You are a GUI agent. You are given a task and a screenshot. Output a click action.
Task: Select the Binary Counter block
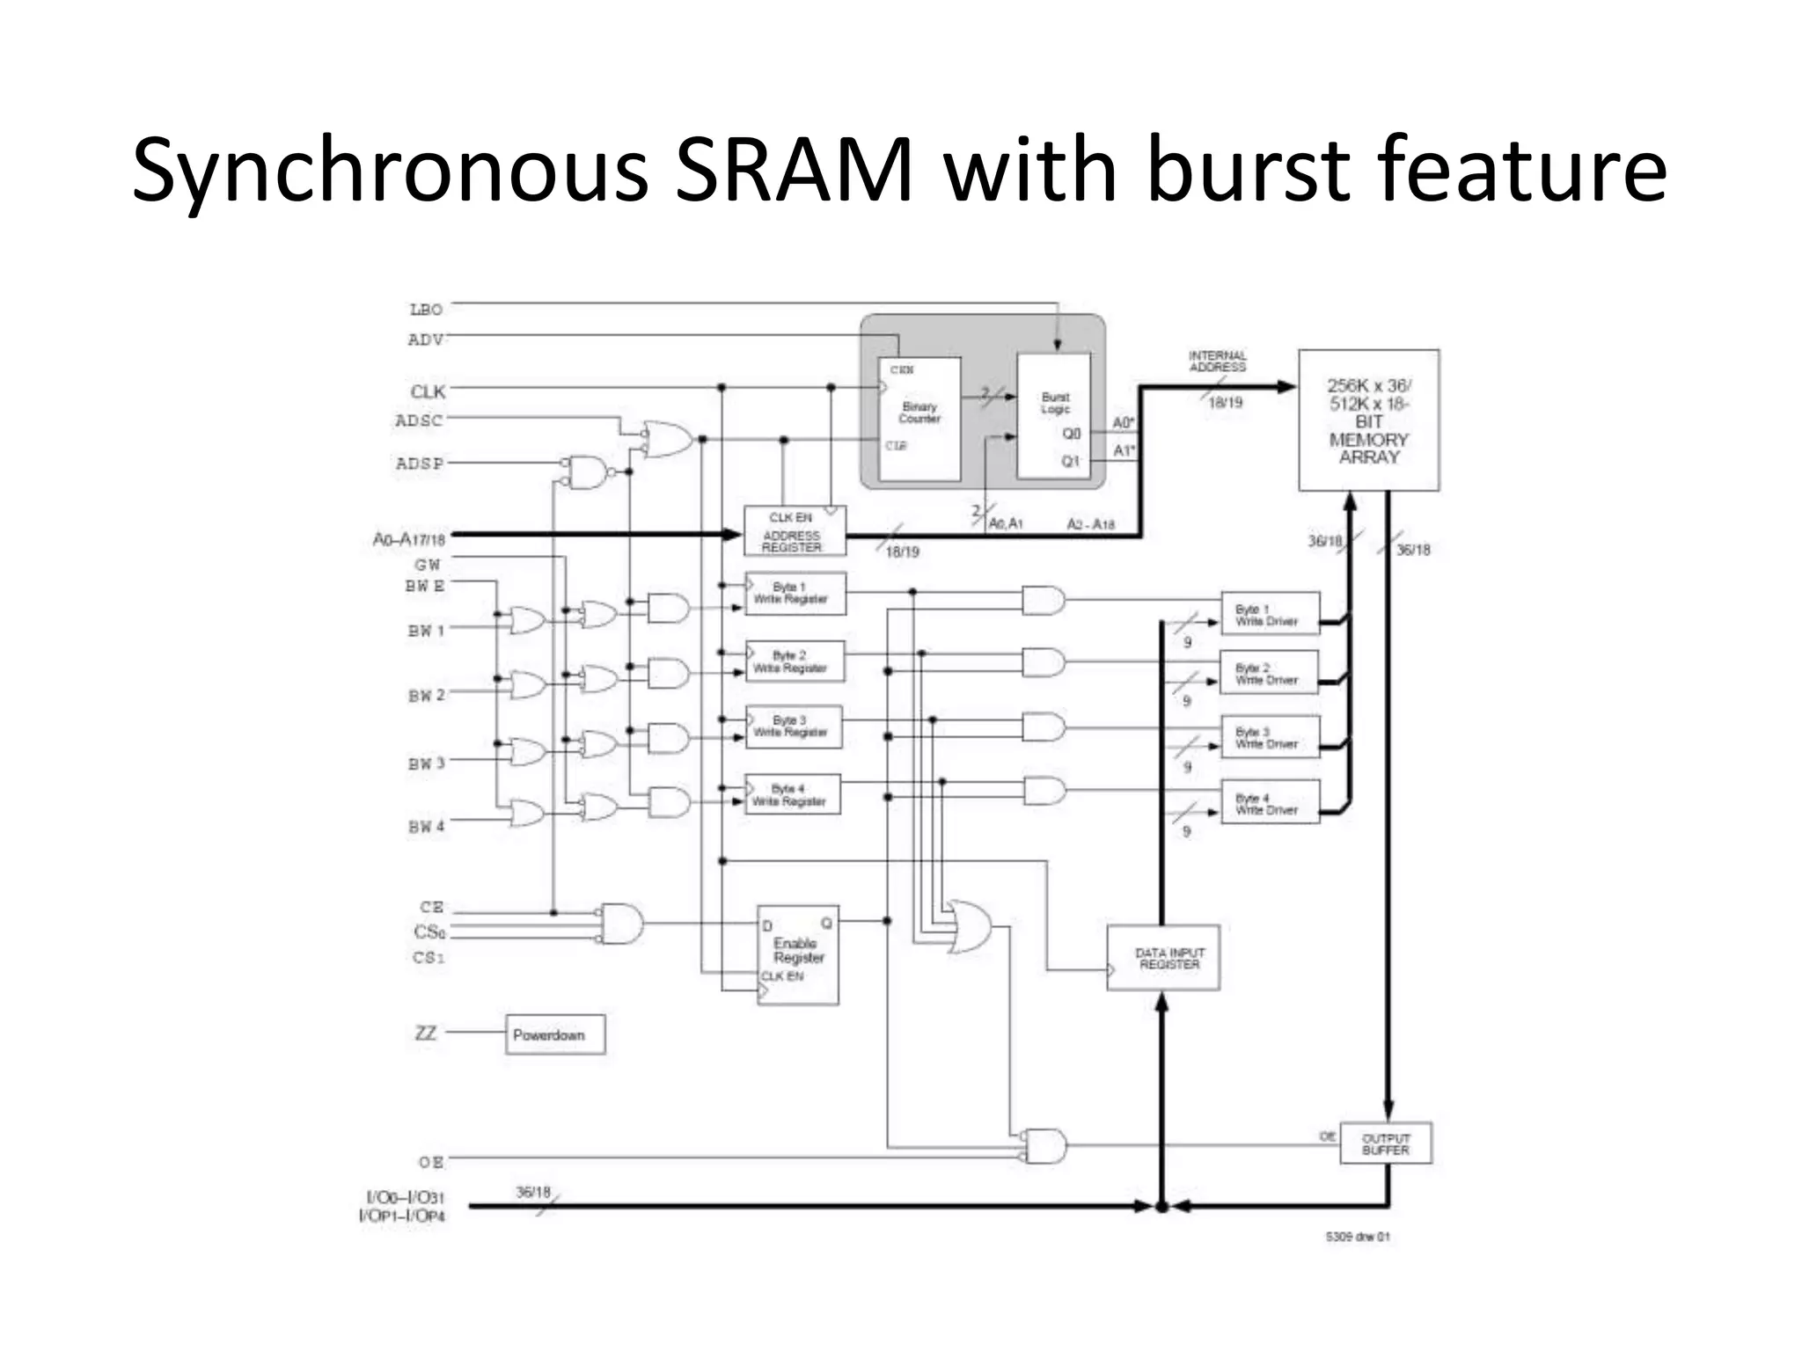coord(919,419)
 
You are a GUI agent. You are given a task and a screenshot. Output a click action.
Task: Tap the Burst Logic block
coord(1054,415)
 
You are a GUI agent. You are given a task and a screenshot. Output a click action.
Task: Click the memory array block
coord(1369,420)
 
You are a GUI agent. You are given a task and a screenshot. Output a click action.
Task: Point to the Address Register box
coord(795,531)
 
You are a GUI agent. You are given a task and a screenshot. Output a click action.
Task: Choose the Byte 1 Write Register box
coord(795,594)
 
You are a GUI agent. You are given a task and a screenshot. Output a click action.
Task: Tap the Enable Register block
coord(798,955)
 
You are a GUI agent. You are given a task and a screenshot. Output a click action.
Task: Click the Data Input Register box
coord(1163,958)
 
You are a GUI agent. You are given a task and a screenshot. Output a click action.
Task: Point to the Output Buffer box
coord(1386,1143)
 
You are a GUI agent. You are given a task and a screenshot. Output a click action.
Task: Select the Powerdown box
coord(555,1035)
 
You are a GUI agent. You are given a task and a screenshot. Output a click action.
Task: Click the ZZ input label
coord(425,1033)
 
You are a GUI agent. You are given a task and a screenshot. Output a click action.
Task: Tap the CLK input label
coord(428,391)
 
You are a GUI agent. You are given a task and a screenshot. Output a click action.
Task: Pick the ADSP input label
coord(420,464)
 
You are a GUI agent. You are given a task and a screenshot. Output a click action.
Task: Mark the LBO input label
coord(426,310)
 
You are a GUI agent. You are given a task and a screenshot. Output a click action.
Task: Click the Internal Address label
coord(1218,361)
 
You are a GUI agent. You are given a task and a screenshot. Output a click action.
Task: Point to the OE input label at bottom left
coord(431,1163)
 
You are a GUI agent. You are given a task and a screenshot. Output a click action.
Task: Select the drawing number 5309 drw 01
coord(1358,1237)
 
